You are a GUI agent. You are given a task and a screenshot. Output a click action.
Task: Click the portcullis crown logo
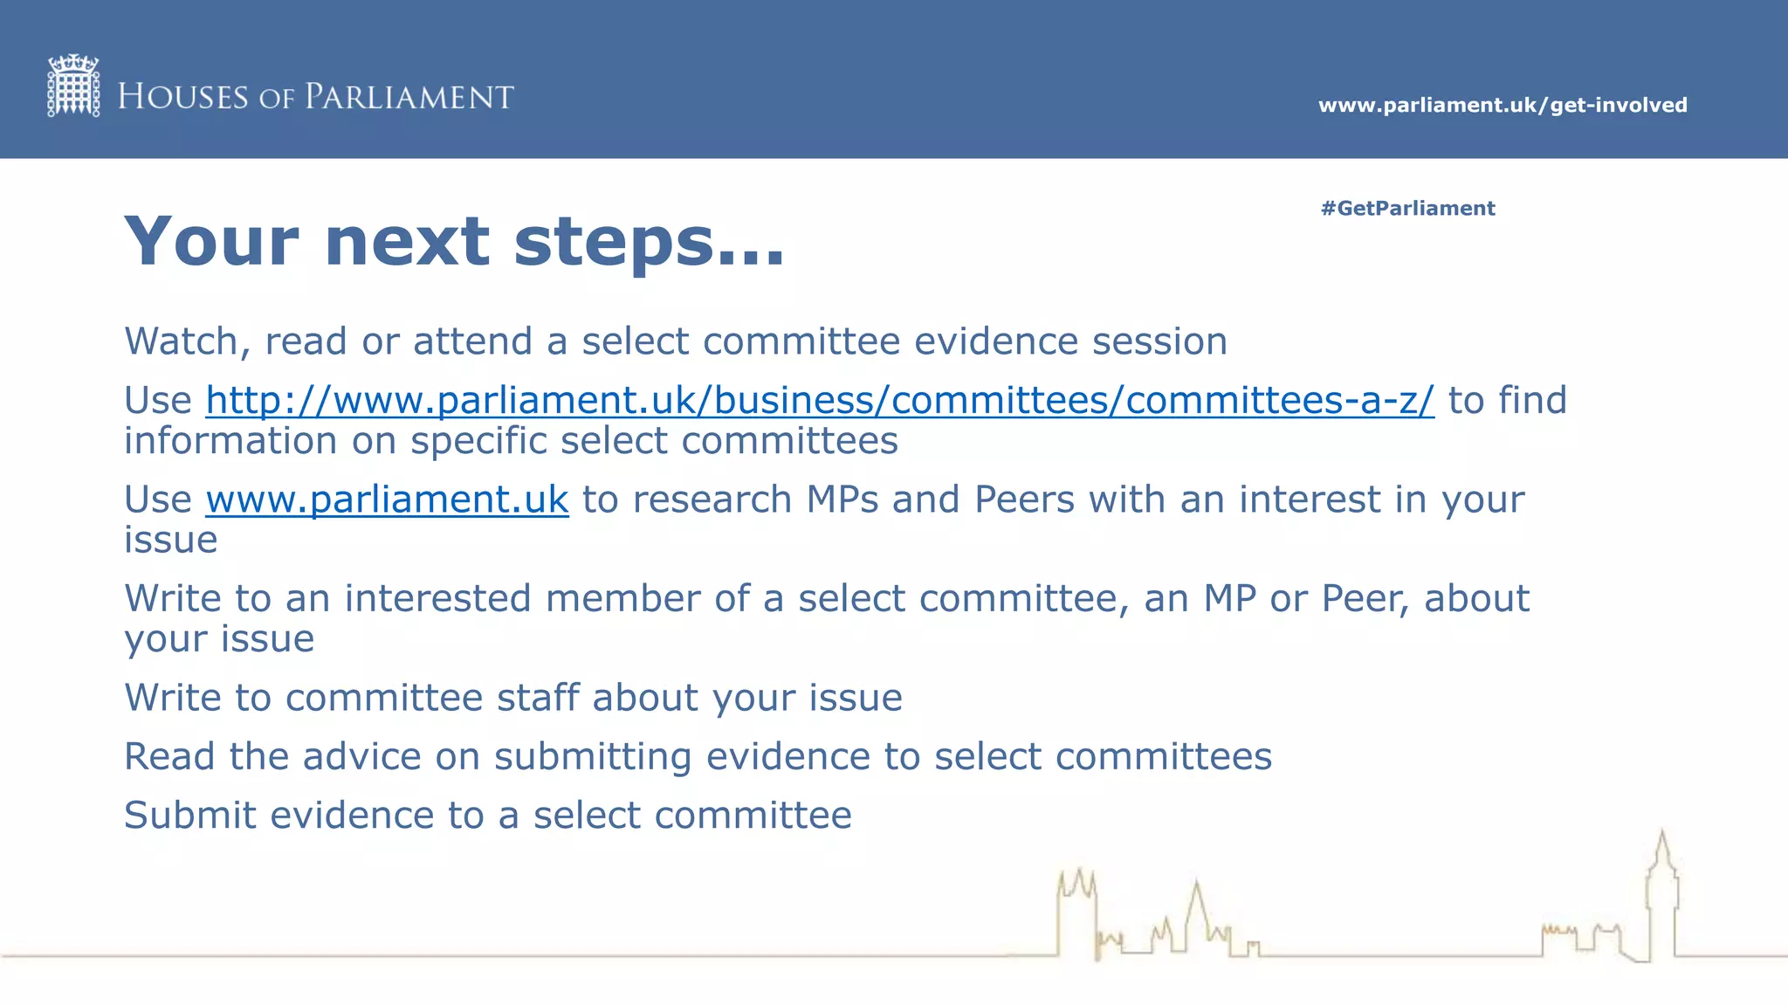pyautogui.click(x=73, y=86)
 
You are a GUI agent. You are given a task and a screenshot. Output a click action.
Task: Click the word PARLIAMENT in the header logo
pyautogui.click(x=409, y=97)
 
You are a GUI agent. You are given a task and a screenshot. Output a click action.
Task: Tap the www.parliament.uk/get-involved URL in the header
pyautogui.click(x=1502, y=106)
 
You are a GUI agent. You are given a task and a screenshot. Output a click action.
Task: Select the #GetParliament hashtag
pyautogui.click(x=1407, y=209)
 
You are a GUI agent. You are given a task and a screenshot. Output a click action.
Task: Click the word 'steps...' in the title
pyautogui.click(x=649, y=242)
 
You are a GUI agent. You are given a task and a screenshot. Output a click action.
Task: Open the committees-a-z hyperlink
pyautogui.click(x=819, y=401)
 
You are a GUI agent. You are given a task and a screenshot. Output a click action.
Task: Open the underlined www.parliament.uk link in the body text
pyautogui.click(x=387, y=500)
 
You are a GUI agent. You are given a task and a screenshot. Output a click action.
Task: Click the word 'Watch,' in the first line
pyautogui.click(x=187, y=341)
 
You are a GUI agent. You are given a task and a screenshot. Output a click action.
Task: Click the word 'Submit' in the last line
pyautogui.click(x=190, y=816)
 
